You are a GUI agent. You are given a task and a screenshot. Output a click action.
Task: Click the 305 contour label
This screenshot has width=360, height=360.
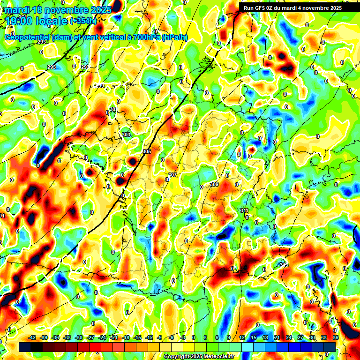point(147,151)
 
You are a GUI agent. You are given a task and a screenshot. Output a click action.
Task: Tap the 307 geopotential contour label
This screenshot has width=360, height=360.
point(172,175)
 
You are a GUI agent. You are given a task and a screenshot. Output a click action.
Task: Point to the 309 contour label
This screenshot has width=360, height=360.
point(215,184)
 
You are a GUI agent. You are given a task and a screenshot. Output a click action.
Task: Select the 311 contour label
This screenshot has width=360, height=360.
point(244,210)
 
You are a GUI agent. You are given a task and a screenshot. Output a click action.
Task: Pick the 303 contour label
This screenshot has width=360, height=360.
point(126,135)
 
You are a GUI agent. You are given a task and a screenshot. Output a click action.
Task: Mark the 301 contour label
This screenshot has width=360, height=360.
point(113,109)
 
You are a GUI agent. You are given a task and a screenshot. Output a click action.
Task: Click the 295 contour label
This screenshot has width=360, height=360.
point(52,67)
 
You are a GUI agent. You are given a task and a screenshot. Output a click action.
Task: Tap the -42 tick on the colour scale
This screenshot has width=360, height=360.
point(32,337)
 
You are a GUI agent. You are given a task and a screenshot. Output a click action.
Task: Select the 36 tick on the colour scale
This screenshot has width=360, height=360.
point(336,337)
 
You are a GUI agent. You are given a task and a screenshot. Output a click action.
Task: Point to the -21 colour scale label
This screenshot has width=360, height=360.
point(114,337)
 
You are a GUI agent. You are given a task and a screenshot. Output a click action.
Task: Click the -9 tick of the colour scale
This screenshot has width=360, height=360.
point(160,337)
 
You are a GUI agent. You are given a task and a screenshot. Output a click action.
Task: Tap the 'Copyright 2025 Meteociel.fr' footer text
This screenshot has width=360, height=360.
point(199,356)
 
